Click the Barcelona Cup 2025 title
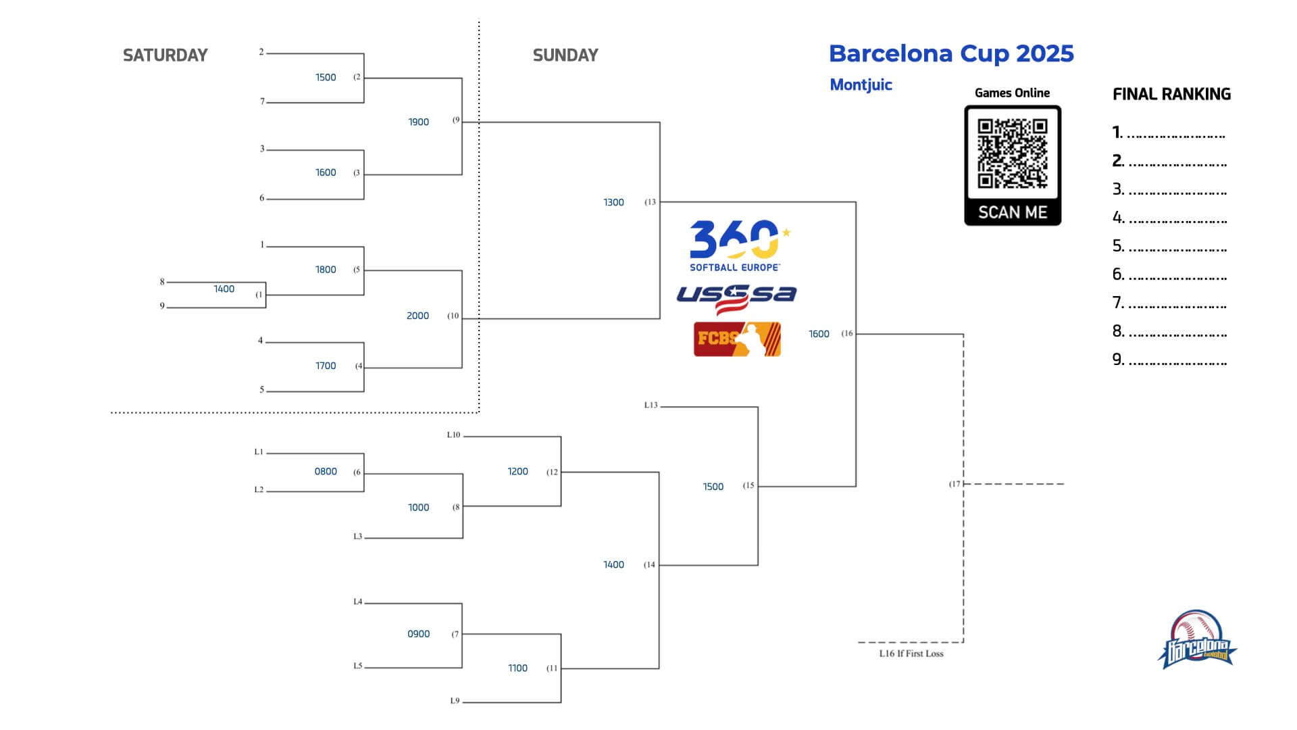pos(951,53)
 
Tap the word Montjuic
pos(861,84)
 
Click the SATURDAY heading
pos(165,55)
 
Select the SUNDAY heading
pos(565,55)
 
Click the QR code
pos(1013,153)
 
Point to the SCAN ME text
pos(1013,212)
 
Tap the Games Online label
pos(1012,93)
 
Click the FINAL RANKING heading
pos(1171,94)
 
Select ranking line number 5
pos(1170,245)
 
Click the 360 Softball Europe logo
pos(740,245)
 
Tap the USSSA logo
pos(736,298)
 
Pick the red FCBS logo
pos(737,339)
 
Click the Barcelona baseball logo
pos(1197,640)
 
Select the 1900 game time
pos(418,122)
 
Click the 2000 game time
pos(417,316)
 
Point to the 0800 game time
pos(326,471)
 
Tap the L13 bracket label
pos(651,405)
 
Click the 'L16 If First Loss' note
pos(911,654)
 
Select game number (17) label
pos(955,484)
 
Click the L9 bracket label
pos(455,701)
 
